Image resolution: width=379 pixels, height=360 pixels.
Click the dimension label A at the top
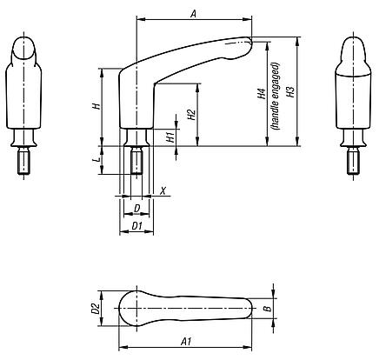point(193,12)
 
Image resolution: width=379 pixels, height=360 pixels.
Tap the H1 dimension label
point(171,135)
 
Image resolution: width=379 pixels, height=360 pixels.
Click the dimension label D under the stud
point(137,208)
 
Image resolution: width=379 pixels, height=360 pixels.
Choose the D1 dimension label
point(136,226)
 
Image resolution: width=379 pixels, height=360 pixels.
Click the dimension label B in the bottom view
point(269,307)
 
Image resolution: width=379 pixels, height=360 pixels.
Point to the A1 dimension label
point(187,342)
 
